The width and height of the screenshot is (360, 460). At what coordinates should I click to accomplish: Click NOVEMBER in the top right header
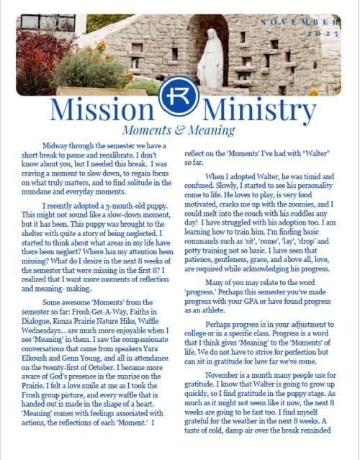pos(301,24)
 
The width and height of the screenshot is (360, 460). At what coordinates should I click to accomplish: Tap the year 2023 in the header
pos(324,35)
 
